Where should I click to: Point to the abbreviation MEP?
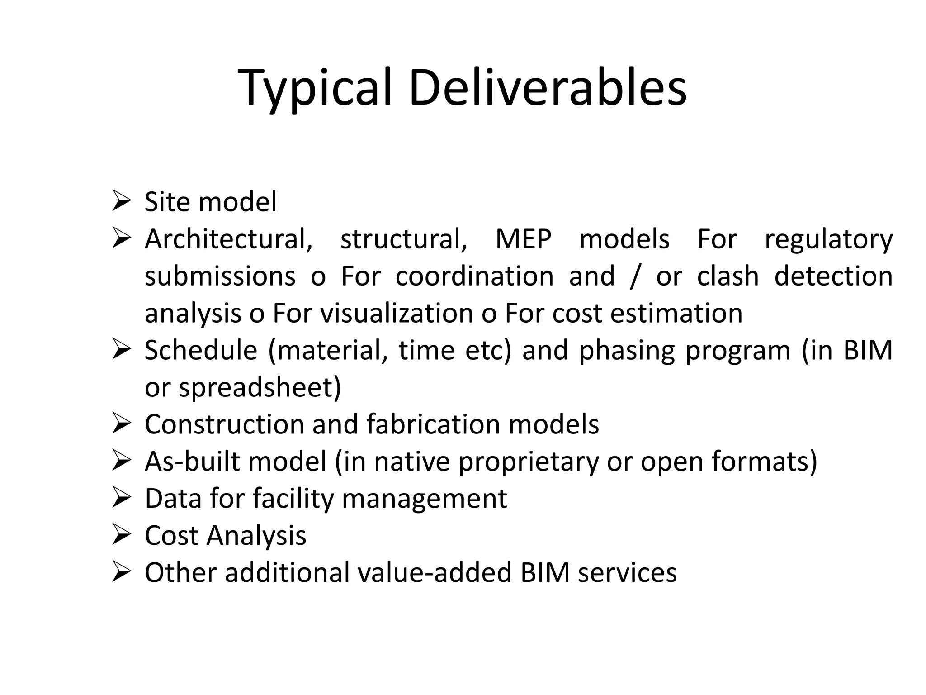523,239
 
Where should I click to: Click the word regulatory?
828,240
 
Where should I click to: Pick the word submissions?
220,276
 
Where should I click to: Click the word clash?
728,276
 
